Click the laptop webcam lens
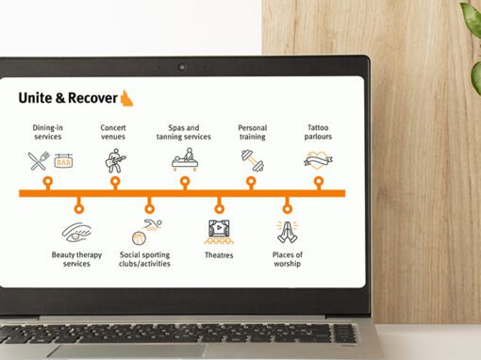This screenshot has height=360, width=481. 182,67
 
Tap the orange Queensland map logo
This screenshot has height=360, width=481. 126,98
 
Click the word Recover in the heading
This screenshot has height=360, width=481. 92,98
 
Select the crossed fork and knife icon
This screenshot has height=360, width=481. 39,161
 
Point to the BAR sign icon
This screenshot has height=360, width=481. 63,160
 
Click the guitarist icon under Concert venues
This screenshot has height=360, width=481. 115,161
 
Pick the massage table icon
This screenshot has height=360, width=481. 185,159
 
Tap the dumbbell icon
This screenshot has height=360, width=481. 253,160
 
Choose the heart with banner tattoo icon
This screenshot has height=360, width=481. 318,160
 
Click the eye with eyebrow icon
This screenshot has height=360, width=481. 76,233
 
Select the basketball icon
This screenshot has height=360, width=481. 139,238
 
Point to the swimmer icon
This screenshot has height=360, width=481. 152,225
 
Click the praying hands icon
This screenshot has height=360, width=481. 288,233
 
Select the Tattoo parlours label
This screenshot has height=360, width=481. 318,132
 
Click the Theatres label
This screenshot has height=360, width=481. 219,255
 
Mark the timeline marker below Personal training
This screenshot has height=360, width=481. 251,182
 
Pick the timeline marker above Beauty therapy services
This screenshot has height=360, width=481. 79,207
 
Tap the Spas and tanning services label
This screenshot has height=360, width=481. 184,132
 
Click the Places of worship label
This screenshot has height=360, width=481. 288,259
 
